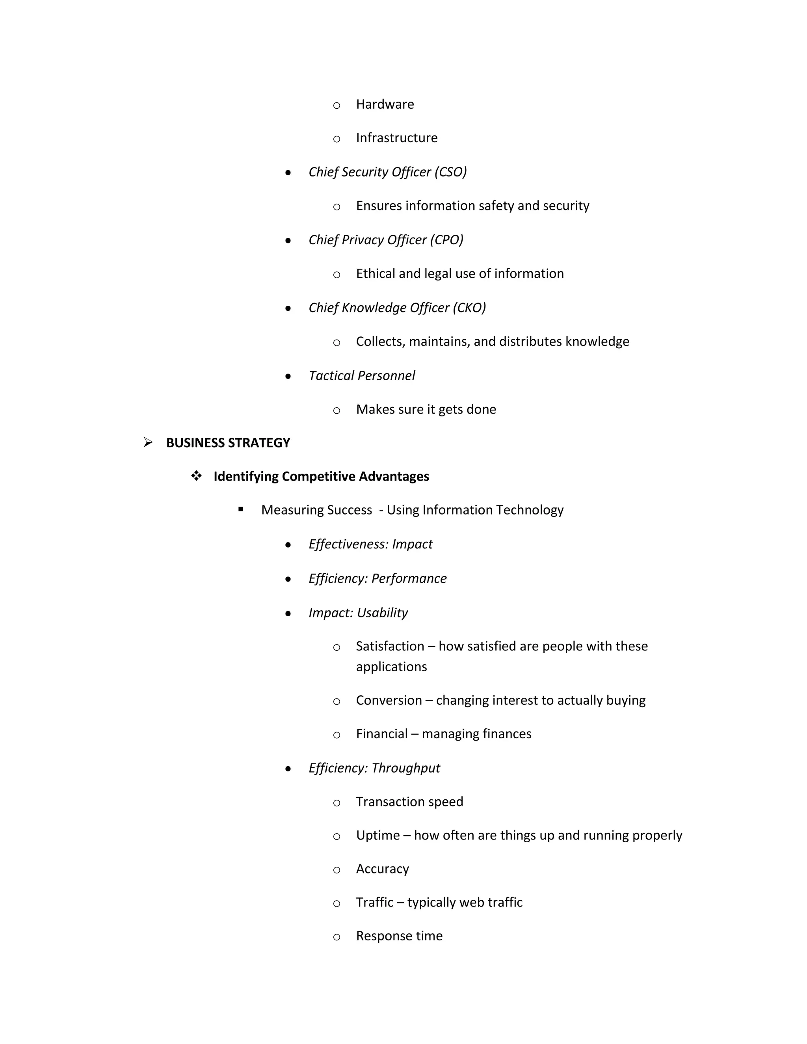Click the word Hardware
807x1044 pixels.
click(x=385, y=104)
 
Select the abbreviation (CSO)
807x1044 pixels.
click(x=450, y=172)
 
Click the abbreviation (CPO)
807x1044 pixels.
click(x=447, y=240)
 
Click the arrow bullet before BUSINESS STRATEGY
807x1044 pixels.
click(x=148, y=443)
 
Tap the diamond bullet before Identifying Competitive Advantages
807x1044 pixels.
click(x=196, y=476)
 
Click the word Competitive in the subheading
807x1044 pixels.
click(x=319, y=476)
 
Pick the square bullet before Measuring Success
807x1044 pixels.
click(x=240, y=509)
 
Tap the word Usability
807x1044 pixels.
click(x=383, y=613)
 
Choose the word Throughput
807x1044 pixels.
click(x=405, y=768)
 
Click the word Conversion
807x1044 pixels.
click(x=389, y=700)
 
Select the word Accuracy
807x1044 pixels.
click(x=383, y=869)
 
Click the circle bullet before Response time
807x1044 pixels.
click(x=337, y=937)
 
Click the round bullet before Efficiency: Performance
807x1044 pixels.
click(x=288, y=579)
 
